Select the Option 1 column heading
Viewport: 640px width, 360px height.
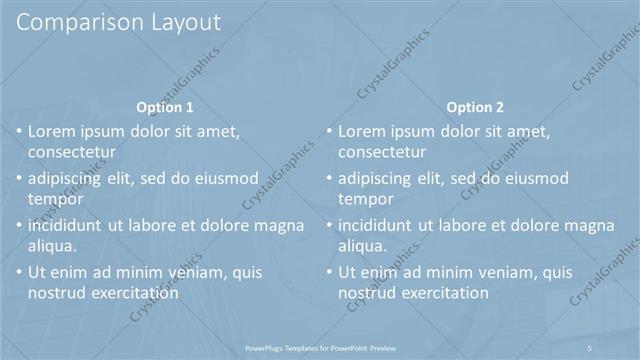[164, 107]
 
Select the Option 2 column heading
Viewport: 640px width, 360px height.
[475, 107]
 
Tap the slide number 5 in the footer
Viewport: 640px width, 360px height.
[591, 347]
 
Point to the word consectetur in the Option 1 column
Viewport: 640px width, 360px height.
[72, 152]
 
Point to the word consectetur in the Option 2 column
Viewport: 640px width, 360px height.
[383, 152]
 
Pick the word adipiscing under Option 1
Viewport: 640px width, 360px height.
[69, 178]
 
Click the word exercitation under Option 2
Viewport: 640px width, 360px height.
[445, 293]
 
